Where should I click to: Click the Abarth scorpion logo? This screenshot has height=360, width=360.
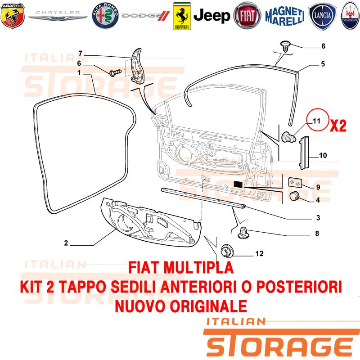point(13,16)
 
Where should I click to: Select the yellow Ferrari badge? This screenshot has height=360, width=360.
point(182,16)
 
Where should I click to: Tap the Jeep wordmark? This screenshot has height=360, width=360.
point(211,16)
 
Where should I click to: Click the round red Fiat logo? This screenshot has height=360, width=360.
point(247,16)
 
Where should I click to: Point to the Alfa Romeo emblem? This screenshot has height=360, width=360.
point(105,16)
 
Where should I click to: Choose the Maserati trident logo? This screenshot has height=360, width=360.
point(351,16)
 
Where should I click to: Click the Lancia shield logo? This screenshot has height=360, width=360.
point(323,16)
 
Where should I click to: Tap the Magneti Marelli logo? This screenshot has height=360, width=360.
point(285,16)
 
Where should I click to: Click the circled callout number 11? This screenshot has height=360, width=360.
point(316,121)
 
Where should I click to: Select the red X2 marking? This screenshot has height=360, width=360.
point(338,126)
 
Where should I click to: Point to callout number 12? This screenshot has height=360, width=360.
point(260,253)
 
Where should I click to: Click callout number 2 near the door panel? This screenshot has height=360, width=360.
point(66,243)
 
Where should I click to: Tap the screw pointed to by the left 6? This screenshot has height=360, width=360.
point(116,72)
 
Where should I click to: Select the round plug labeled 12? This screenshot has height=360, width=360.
point(227,251)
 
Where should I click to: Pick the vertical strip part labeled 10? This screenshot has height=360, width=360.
point(305,153)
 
